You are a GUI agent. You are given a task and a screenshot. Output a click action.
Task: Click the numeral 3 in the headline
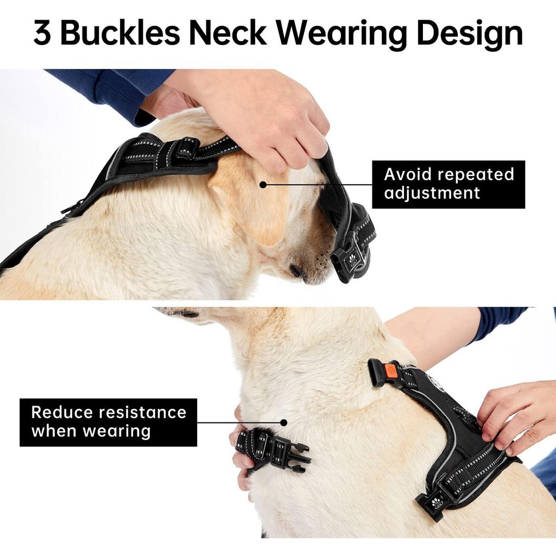(x=42, y=33)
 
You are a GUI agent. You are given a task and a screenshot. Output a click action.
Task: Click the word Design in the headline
(x=469, y=35)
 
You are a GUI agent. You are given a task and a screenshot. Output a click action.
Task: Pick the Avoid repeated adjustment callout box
(x=448, y=185)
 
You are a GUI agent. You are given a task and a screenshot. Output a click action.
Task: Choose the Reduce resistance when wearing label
(x=108, y=422)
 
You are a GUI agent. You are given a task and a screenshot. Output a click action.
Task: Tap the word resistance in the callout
(x=143, y=413)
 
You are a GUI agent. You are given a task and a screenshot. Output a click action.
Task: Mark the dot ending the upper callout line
(x=263, y=185)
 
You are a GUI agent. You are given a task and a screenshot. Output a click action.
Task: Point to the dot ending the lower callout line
(x=283, y=422)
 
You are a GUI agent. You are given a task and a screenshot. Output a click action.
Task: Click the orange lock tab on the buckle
(x=391, y=371)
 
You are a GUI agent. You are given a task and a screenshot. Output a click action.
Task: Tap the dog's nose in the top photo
(x=295, y=271)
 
